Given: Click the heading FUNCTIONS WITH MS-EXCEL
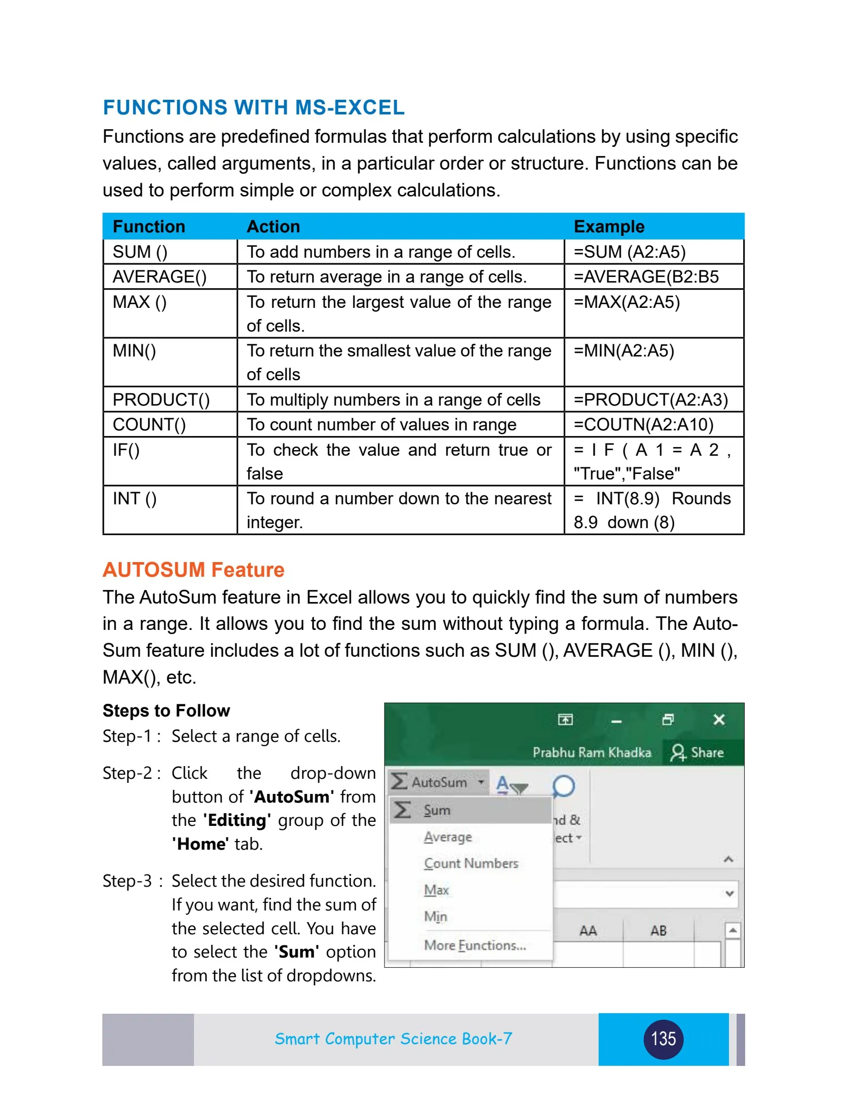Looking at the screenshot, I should click(253, 107).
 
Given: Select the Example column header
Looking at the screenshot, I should click(608, 226).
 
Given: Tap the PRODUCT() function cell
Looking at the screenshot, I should click(161, 400).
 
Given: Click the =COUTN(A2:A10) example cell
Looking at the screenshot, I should click(643, 424).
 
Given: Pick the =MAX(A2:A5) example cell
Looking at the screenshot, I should click(626, 302).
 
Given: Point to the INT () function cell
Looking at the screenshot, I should click(134, 499).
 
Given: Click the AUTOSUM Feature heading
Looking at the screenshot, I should click(194, 570).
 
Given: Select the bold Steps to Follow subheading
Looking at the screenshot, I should click(166, 710).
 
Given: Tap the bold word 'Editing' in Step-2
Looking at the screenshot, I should click(237, 820).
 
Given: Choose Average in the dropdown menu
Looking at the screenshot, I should click(448, 837).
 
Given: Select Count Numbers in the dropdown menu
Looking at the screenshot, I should click(471, 863).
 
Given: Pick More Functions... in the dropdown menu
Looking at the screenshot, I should click(475, 945).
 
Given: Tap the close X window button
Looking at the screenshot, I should click(719, 720).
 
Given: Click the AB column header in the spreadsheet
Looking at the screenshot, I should click(658, 931).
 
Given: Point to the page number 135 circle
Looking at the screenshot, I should click(663, 1039).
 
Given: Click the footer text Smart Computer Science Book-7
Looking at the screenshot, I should click(393, 1039).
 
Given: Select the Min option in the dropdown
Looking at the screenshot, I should click(435, 917).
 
